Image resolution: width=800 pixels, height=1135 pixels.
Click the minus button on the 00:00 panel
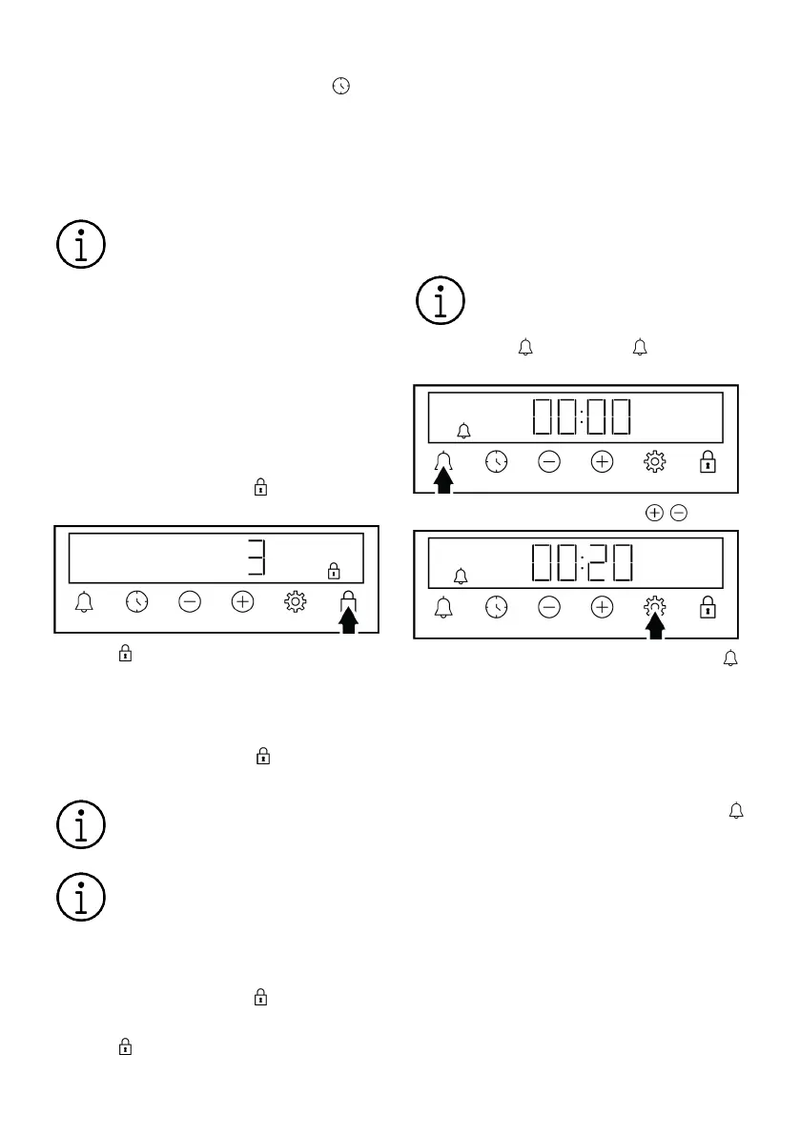pos(549,462)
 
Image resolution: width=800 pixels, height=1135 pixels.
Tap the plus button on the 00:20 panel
pos(602,607)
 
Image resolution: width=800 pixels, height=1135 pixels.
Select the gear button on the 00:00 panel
pos(654,462)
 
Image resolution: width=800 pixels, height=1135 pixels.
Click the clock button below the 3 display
pos(137,601)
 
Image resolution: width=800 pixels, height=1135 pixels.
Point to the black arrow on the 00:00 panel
pos(443,480)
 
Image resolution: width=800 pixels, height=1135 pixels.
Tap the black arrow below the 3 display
pos(349,620)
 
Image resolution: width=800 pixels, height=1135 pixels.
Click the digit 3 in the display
pos(256,558)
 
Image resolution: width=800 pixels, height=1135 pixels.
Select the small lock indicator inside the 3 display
pos(334,571)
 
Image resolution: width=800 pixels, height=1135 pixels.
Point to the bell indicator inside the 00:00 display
pos(464,432)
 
